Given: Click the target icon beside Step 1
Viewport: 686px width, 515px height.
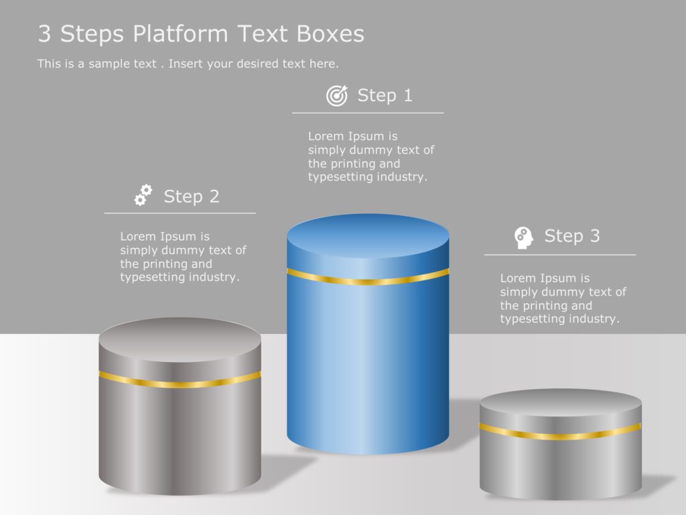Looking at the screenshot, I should [337, 96].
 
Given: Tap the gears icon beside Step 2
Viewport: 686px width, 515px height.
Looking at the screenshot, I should [143, 195].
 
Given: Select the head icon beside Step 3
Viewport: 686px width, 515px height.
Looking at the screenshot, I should [524, 237].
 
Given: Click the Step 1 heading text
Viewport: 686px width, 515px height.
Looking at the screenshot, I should [385, 95].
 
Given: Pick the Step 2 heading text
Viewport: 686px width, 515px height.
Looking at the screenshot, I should [191, 196].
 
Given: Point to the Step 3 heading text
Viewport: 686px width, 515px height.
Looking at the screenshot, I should [571, 236].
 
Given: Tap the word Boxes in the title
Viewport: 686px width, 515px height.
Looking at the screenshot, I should [334, 34].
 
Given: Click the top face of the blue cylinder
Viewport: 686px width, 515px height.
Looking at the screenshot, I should [368, 235].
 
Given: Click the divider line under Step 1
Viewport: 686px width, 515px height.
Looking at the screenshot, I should [368, 113].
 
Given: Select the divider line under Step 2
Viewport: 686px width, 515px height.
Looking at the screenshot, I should [180, 213].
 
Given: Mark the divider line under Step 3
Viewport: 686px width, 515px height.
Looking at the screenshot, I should [560, 255].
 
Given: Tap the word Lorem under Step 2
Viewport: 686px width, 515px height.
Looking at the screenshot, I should [137, 237].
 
